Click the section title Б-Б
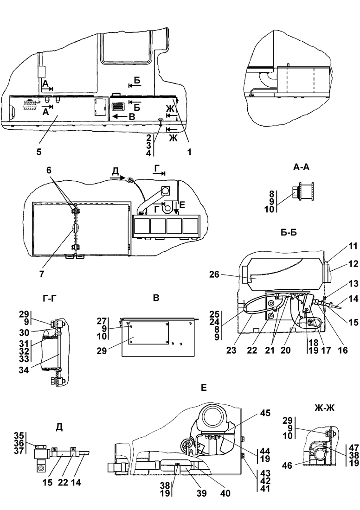289,233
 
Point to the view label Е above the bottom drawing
204,388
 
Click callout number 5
39,152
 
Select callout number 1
189,152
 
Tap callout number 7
42,274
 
